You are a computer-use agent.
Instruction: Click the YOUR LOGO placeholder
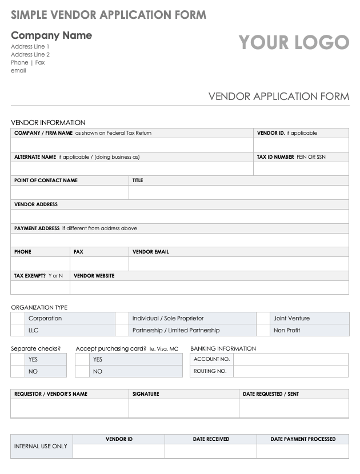pos(294,42)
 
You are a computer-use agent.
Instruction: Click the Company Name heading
pos(51,35)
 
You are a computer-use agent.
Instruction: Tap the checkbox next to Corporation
pos(17,318)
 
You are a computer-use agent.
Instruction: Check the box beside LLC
pos(17,330)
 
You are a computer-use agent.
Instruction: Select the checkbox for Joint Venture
pos(263,318)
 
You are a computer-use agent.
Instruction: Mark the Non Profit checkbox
pos(263,330)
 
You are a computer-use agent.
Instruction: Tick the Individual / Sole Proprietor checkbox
pos(122,318)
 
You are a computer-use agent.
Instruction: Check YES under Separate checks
pos(17,359)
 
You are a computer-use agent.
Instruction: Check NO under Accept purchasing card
pos(82,371)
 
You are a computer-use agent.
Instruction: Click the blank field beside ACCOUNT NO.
pos(290,359)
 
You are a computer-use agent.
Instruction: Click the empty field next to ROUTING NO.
pos(290,371)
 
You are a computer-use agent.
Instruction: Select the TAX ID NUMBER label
pos(275,156)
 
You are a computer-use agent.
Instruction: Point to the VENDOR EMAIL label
pos(150,251)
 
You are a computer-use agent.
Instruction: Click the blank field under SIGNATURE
pos(183,408)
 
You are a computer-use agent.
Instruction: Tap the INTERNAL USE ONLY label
pos(41,446)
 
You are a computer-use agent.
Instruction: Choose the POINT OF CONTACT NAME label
pos(46,180)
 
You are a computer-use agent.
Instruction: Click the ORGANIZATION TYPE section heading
pos(39,307)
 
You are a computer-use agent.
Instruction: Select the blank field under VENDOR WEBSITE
pos(209,287)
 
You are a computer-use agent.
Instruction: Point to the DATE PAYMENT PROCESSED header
pos(303,439)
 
